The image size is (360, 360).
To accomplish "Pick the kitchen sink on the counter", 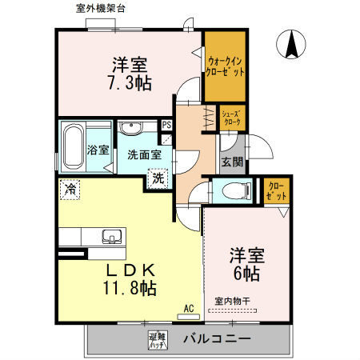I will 110,236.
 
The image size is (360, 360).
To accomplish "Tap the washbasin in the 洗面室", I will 130,129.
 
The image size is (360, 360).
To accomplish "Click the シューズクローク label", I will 232,118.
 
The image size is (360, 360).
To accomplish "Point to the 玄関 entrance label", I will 233,162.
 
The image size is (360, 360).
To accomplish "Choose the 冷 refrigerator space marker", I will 70,190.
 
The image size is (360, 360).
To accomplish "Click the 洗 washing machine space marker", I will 158,178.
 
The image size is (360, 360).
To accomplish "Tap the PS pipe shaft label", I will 166,126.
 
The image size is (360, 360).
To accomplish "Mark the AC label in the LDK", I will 189,307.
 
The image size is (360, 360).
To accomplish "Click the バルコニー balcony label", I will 216,338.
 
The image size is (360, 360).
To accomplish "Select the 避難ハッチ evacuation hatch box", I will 157,339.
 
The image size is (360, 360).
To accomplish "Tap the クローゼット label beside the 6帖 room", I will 276,192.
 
